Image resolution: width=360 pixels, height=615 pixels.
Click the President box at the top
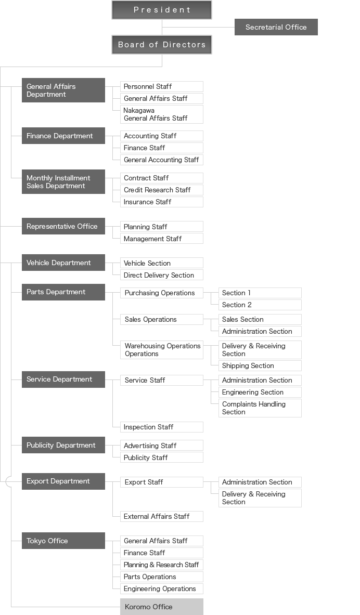(x=162, y=10)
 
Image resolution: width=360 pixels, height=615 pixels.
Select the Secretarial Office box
(x=276, y=27)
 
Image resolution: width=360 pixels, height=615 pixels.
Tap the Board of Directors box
(x=162, y=45)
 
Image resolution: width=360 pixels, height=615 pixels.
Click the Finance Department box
(x=63, y=136)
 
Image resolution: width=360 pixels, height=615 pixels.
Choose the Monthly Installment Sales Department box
(x=63, y=181)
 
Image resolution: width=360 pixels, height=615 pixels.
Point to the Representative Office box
(x=63, y=226)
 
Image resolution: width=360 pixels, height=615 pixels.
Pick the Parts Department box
(x=63, y=292)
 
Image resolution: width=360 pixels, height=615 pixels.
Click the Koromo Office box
(x=162, y=607)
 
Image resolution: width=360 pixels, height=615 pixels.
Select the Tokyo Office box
(x=63, y=541)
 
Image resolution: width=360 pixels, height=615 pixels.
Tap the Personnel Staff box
(x=162, y=87)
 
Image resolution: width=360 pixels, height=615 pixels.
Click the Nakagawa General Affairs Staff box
(x=162, y=114)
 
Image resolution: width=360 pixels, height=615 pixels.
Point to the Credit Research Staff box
(x=162, y=190)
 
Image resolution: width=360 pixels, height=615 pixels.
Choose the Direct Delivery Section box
(x=162, y=275)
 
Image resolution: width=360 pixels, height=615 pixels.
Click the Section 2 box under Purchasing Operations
(x=260, y=305)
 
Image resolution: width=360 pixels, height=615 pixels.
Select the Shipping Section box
(x=260, y=365)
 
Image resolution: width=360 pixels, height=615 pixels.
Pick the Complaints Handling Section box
(x=260, y=408)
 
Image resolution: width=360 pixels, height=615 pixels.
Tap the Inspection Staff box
(x=162, y=427)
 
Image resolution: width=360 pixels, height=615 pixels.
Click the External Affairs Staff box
(x=162, y=517)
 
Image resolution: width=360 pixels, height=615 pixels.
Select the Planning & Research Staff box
(x=162, y=565)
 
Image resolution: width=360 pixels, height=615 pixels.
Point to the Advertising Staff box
(x=162, y=446)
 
